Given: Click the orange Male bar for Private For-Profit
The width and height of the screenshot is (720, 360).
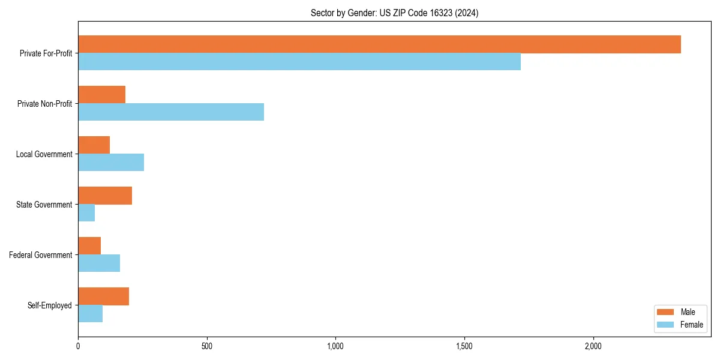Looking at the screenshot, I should pyautogui.click(x=379, y=44).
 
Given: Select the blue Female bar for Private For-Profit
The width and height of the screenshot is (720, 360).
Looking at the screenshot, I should pyautogui.click(x=299, y=62).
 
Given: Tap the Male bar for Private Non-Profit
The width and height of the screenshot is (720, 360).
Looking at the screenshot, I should pyautogui.click(x=101, y=95).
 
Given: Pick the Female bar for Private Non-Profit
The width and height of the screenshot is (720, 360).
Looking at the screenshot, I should pyautogui.click(x=171, y=112).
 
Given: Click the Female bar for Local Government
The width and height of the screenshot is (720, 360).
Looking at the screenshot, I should pyautogui.click(x=111, y=163).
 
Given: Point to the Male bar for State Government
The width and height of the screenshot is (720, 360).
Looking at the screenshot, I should pyautogui.click(x=105, y=196).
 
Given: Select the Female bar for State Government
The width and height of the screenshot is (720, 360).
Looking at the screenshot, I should pyautogui.click(x=86, y=213).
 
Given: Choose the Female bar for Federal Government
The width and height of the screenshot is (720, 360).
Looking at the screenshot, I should pyautogui.click(x=99, y=263).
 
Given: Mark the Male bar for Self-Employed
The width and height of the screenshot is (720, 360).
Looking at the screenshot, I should pyautogui.click(x=103, y=296).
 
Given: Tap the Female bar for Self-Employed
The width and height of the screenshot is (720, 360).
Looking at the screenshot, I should pyautogui.click(x=90, y=314).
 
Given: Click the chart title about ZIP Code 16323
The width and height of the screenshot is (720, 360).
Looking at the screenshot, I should pyautogui.click(x=394, y=13).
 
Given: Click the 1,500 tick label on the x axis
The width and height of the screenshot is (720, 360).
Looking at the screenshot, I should pyautogui.click(x=464, y=346).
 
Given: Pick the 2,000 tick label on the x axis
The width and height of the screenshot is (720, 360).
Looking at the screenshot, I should pyautogui.click(x=593, y=346).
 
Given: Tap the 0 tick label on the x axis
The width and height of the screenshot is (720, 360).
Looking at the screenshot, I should pyautogui.click(x=78, y=346).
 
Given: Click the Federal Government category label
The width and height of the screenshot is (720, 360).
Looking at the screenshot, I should pyautogui.click(x=41, y=255).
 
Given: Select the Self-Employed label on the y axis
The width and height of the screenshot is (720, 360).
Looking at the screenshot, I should pyautogui.click(x=50, y=305).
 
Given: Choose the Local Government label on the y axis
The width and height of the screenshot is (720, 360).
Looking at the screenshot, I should pyautogui.click(x=44, y=154).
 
